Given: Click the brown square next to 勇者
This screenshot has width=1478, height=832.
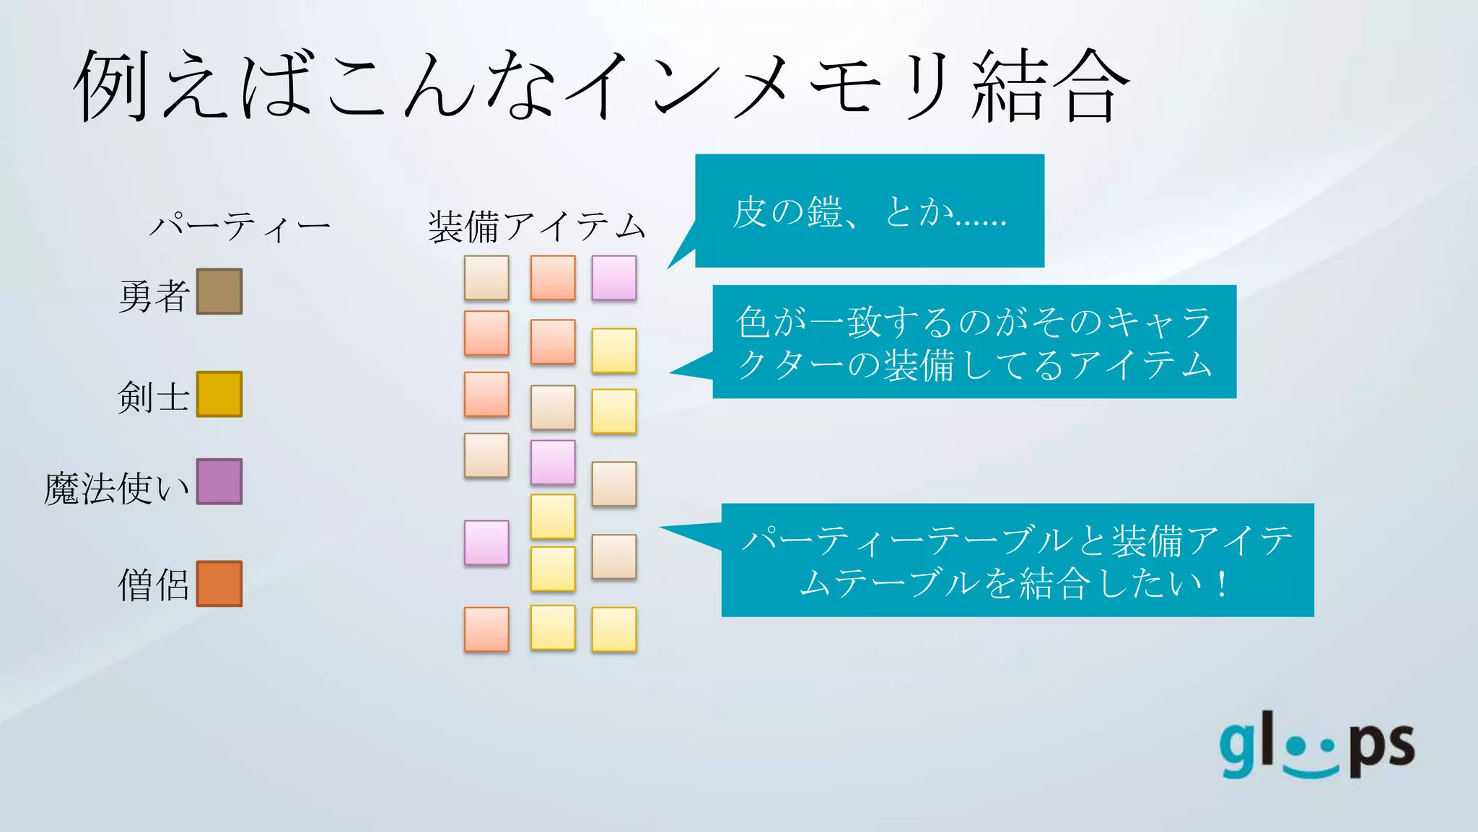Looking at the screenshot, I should click(x=219, y=292).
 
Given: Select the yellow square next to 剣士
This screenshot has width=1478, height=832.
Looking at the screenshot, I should click(x=219, y=394).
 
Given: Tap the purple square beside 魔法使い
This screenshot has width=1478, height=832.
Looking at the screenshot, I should click(x=219, y=481).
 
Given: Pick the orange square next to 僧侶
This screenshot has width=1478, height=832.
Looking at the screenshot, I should click(x=219, y=584).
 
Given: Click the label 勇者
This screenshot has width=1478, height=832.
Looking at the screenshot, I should click(x=154, y=296).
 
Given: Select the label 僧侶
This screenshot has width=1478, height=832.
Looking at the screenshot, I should click(x=154, y=585).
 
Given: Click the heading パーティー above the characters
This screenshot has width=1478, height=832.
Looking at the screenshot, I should click(x=240, y=227).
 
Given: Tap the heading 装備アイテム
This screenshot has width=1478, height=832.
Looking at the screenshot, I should click(x=536, y=227).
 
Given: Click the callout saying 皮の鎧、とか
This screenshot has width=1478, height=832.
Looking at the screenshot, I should click(x=869, y=211).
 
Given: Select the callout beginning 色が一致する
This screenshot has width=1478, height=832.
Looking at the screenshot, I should click(x=974, y=342).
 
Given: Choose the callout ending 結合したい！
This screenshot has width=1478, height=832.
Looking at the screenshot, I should click(x=1017, y=560).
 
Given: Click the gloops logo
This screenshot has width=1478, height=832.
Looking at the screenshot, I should click(x=1317, y=748).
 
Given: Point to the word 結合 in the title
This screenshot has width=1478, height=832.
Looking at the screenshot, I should click(x=1050, y=87).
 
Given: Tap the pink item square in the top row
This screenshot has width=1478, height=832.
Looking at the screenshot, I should click(x=614, y=278).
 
